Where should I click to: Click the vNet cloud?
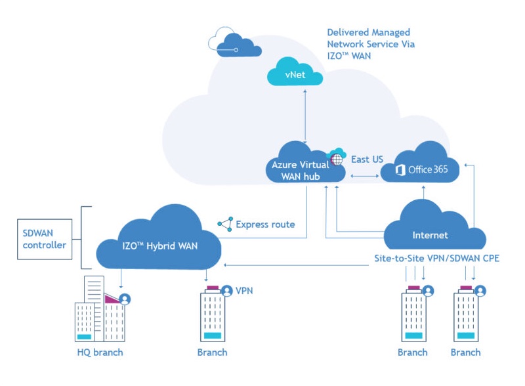coord(295,76)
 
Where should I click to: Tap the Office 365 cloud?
coord(419,167)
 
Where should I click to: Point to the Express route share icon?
coord(225,225)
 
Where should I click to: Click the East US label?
coord(367,160)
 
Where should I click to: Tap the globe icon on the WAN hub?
coord(337,158)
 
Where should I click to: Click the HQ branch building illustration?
coord(98,312)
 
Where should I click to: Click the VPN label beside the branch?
coord(244,289)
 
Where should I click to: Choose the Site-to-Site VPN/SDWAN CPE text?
coord(432,258)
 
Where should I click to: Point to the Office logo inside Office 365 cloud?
coord(400,170)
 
